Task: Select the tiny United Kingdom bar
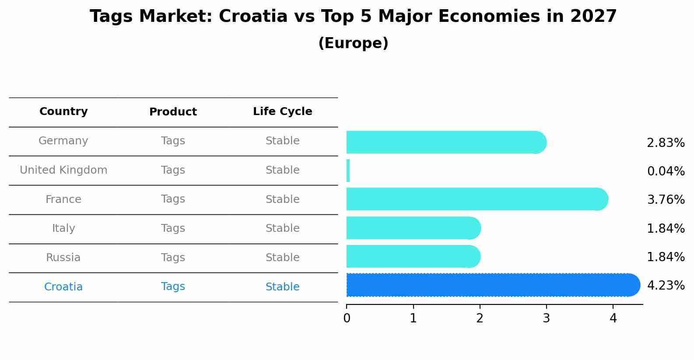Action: point(348,171)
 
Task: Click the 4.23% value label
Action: point(665,286)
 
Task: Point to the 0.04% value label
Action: point(665,171)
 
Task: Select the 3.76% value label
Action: point(665,200)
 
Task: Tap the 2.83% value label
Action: point(665,143)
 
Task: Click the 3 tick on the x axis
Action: point(546,318)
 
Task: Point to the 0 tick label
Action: point(347,318)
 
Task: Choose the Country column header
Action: point(63,112)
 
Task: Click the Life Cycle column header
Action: point(282,112)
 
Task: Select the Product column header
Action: point(173,112)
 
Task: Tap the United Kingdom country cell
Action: point(63,170)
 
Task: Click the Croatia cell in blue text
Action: point(63,287)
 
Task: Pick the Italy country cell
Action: point(63,228)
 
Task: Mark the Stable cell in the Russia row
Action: point(282,258)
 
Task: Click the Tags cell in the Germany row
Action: point(173,141)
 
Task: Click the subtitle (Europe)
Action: point(353,43)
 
